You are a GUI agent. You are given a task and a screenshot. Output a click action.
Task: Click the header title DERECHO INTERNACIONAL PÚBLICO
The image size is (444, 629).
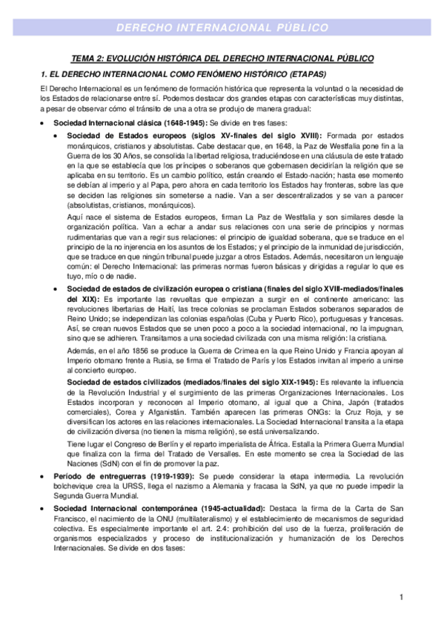222,28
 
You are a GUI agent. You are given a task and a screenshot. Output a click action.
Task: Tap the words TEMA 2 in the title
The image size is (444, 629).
88,57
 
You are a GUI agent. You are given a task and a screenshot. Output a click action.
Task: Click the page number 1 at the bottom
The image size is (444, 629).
400,597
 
